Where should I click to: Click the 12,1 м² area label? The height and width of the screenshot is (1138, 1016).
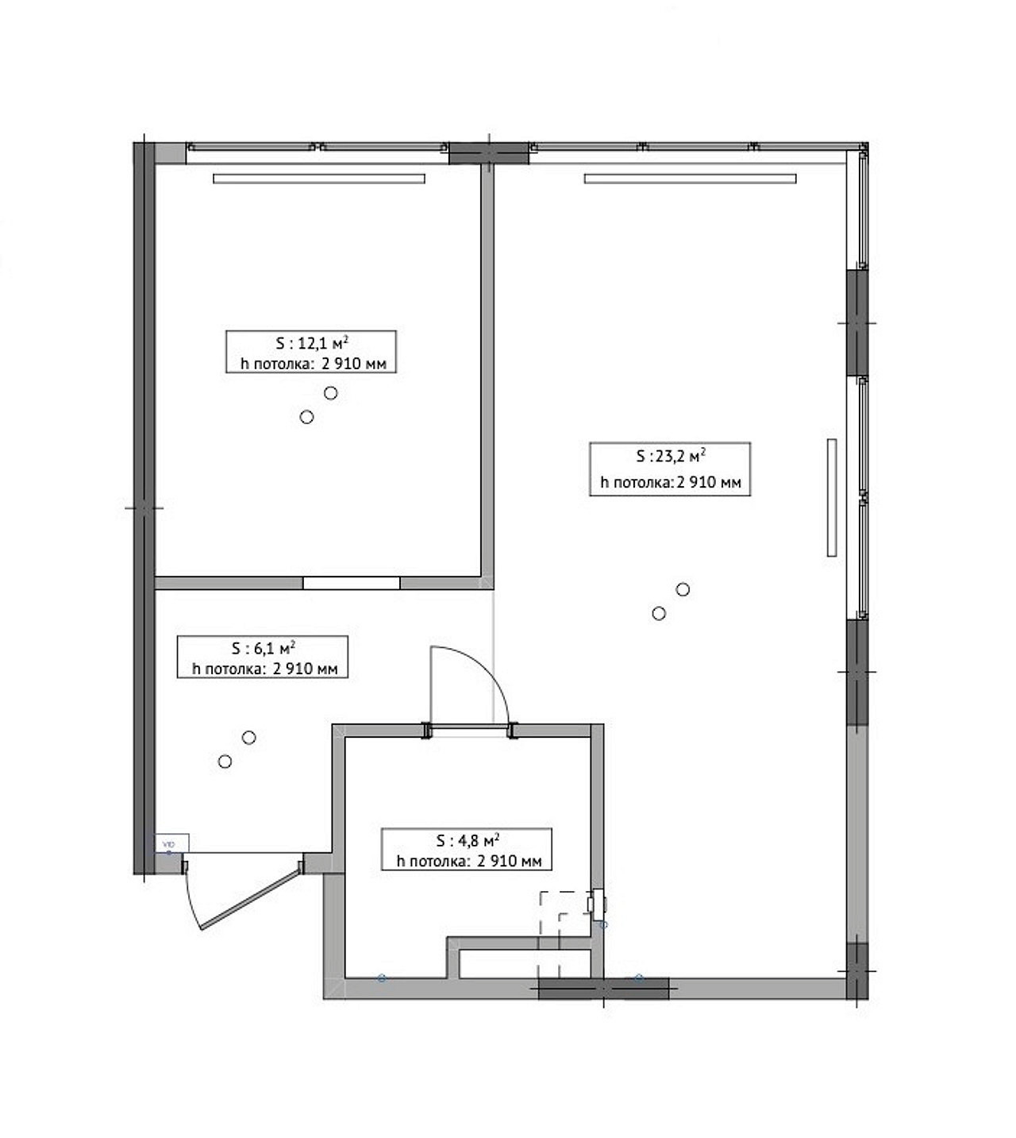pyautogui.click(x=311, y=352)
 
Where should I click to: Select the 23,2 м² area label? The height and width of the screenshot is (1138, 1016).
pyautogui.click(x=670, y=469)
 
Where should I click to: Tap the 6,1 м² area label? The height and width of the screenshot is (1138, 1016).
pyautogui.click(x=262, y=658)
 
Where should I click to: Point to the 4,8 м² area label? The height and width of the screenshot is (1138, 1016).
pyautogui.click(x=467, y=849)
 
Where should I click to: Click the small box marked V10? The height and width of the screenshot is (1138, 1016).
pyautogui.click(x=171, y=843)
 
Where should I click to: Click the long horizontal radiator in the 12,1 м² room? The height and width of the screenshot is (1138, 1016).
pyautogui.click(x=319, y=179)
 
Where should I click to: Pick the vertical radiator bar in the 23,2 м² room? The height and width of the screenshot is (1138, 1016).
pyautogui.click(x=832, y=498)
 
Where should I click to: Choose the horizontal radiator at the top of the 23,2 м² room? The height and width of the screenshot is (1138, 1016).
pyautogui.click(x=690, y=179)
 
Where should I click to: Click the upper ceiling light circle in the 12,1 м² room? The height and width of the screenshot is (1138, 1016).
pyautogui.click(x=331, y=393)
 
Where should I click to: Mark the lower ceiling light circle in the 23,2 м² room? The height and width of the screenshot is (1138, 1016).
pyautogui.click(x=659, y=613)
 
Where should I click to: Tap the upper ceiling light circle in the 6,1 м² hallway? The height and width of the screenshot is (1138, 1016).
pyautogui.click(x=248, y=738)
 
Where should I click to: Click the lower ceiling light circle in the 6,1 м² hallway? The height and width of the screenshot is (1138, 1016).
pyautogui.click(x=225, y=762)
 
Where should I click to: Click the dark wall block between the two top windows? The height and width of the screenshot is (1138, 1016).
pyautogui.click(x=489, y=152)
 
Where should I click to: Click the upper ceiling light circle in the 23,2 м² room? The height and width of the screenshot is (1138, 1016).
pyautogui.click(x=683, y=589)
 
